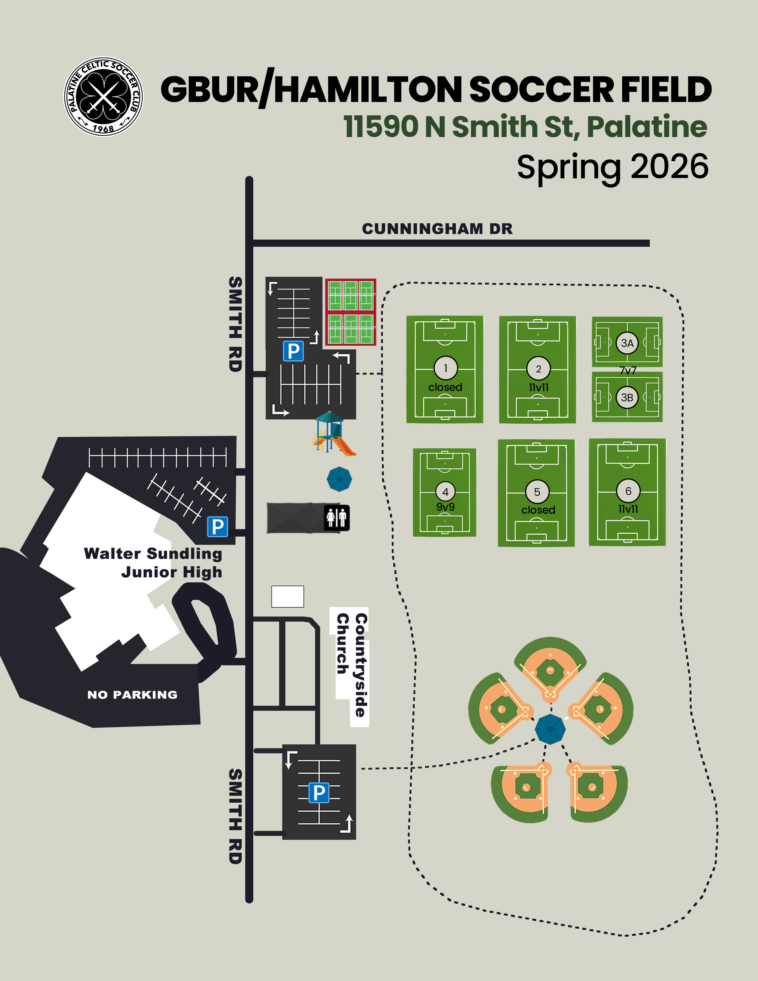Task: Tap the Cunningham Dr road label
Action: (x=437, y=229)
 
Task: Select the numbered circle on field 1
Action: (x=446, y=368)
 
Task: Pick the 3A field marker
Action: (x=627, y=343)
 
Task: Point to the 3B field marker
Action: (x=627, y=397)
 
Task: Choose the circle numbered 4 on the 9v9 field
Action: (x=445, y=492)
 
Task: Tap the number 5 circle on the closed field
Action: (x=537, y=492)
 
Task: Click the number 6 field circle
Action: (x=628, y=491)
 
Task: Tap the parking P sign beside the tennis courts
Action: (x=293, y=351)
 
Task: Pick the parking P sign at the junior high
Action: (x=217, y=526)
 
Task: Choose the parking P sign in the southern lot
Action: (x=319, y=793)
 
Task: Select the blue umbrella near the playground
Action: (x=339, y=479)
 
